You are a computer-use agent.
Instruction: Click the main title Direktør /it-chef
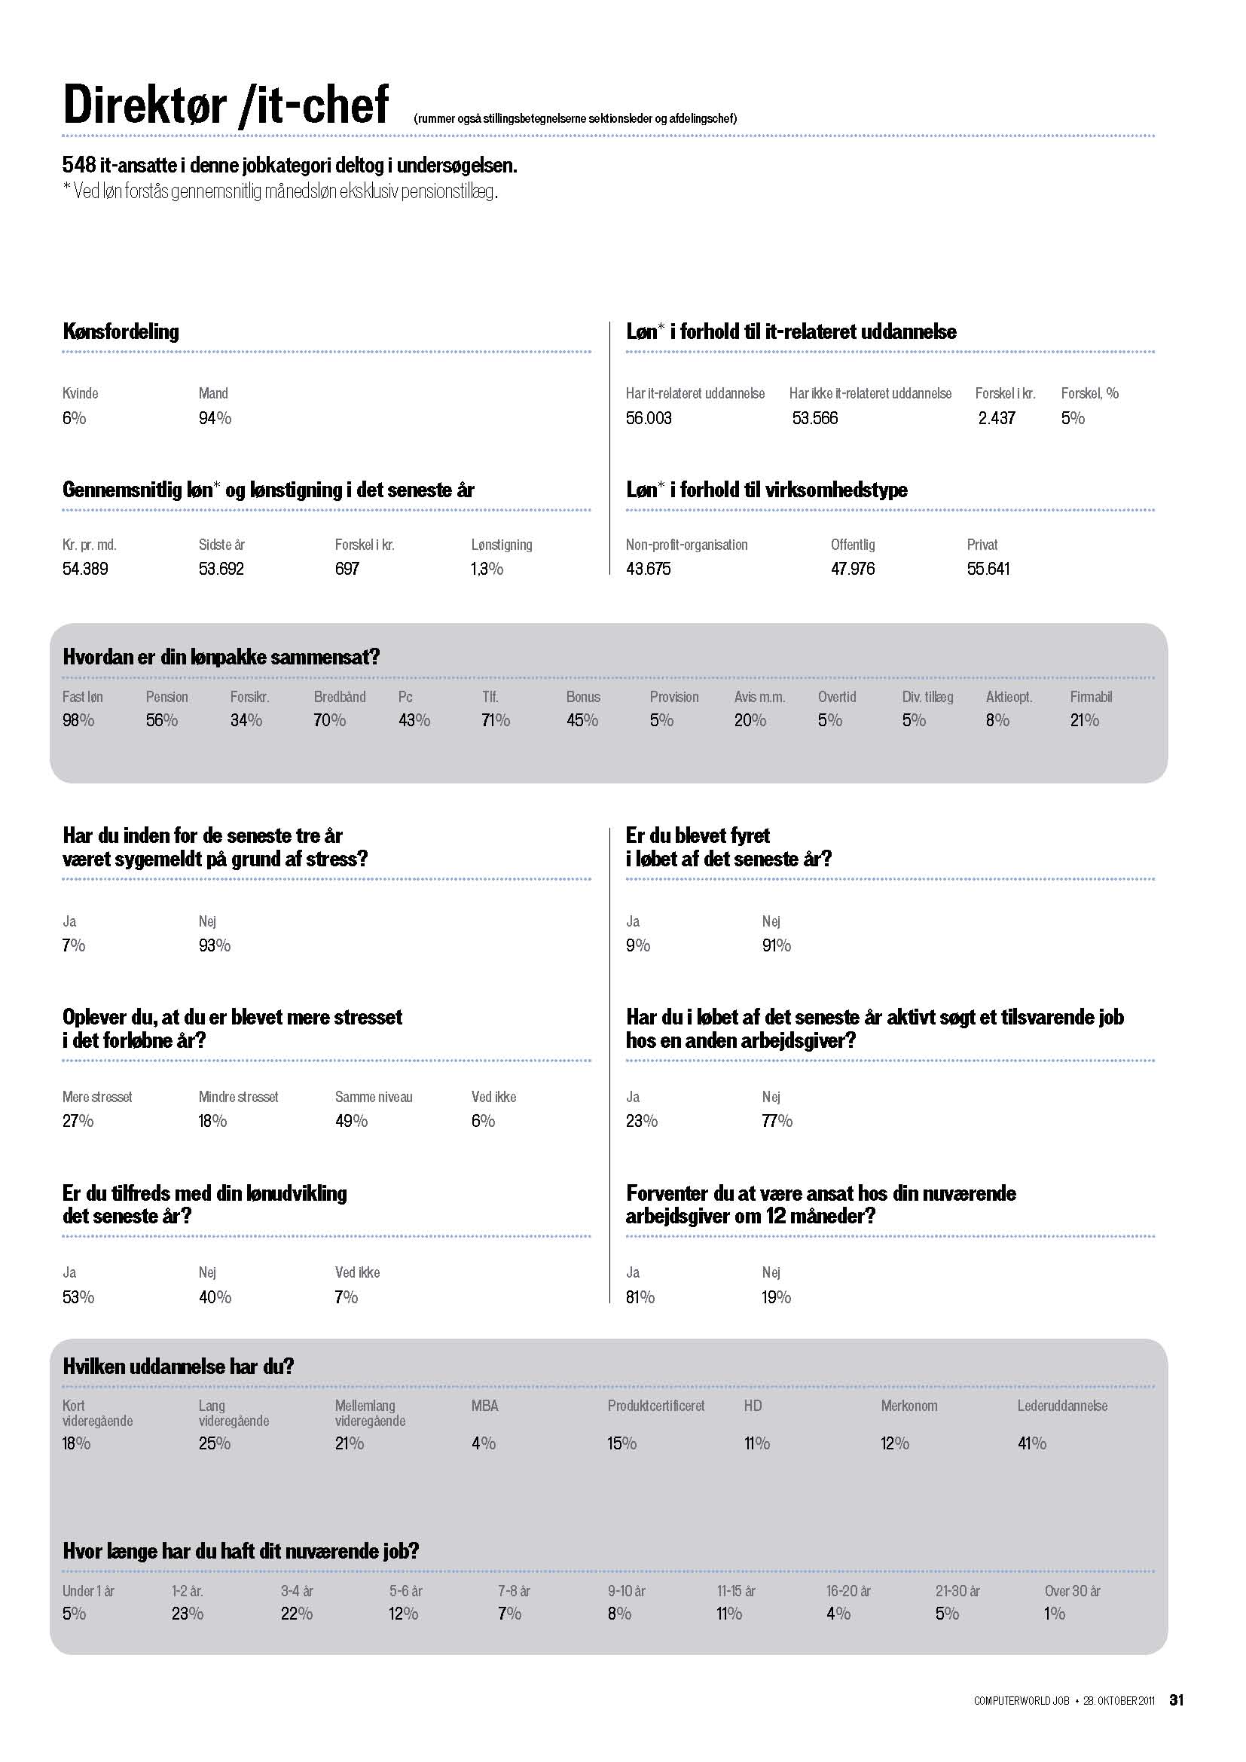(225, 105)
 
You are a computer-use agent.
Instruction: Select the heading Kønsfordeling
(121, 331)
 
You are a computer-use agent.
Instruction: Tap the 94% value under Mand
(215, 418)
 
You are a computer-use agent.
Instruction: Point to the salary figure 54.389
(85, 569)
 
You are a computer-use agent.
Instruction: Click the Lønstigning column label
(501, 545)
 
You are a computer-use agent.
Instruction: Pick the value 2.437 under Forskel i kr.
(996, 418)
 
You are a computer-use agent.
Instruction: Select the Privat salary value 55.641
(988, 569)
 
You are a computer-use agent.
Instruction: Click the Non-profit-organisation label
(686, 545)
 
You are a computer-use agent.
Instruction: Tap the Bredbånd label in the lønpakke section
(339, 697)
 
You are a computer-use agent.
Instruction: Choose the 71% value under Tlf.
(496, 721)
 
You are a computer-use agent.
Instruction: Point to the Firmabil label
(1090, 697)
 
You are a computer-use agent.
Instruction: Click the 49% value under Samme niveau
(350, 1121)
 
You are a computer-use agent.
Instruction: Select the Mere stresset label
(96, 1098)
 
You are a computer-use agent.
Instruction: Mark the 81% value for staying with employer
(640, 1297)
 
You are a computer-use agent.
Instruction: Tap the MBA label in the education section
(484, 1406)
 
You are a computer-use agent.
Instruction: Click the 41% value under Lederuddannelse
(1031, 1443)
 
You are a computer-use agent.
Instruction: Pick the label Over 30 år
(1072, 1591)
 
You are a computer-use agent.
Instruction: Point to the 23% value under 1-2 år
(188, 1614)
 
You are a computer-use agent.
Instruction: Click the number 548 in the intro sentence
(79, 165)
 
